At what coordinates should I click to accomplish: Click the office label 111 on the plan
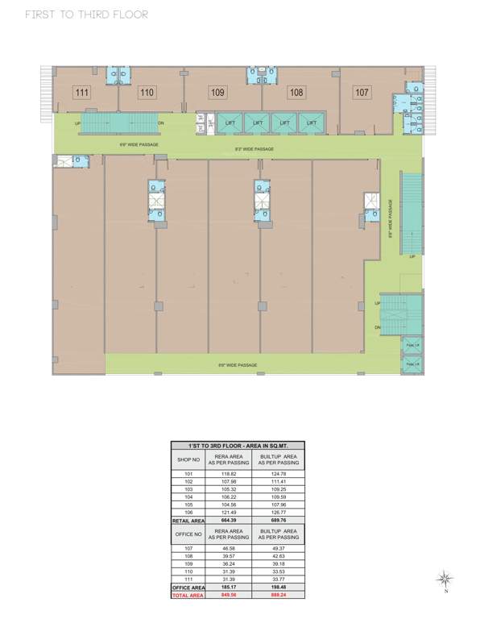click(x=81, y=93)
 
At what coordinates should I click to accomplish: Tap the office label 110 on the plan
click(x=147, y=93)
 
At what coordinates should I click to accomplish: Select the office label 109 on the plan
click(x=217, y=93)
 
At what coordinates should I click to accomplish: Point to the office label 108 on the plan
click(x=296, y=93)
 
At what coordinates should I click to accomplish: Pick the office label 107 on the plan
click(x=362, y=93)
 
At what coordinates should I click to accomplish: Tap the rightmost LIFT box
click(x=309, y=123)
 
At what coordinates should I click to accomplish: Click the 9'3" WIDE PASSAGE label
click(x=254, y=149)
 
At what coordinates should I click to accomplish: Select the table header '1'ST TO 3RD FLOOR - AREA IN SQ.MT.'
click(x=238, y=446)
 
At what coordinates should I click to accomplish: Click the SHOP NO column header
click(x=188, y=459)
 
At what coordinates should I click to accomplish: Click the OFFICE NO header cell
click(x=188, y=534)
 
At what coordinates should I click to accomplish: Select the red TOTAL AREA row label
click(x=188, y=596)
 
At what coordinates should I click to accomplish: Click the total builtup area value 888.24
click(x=279, y=596)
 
